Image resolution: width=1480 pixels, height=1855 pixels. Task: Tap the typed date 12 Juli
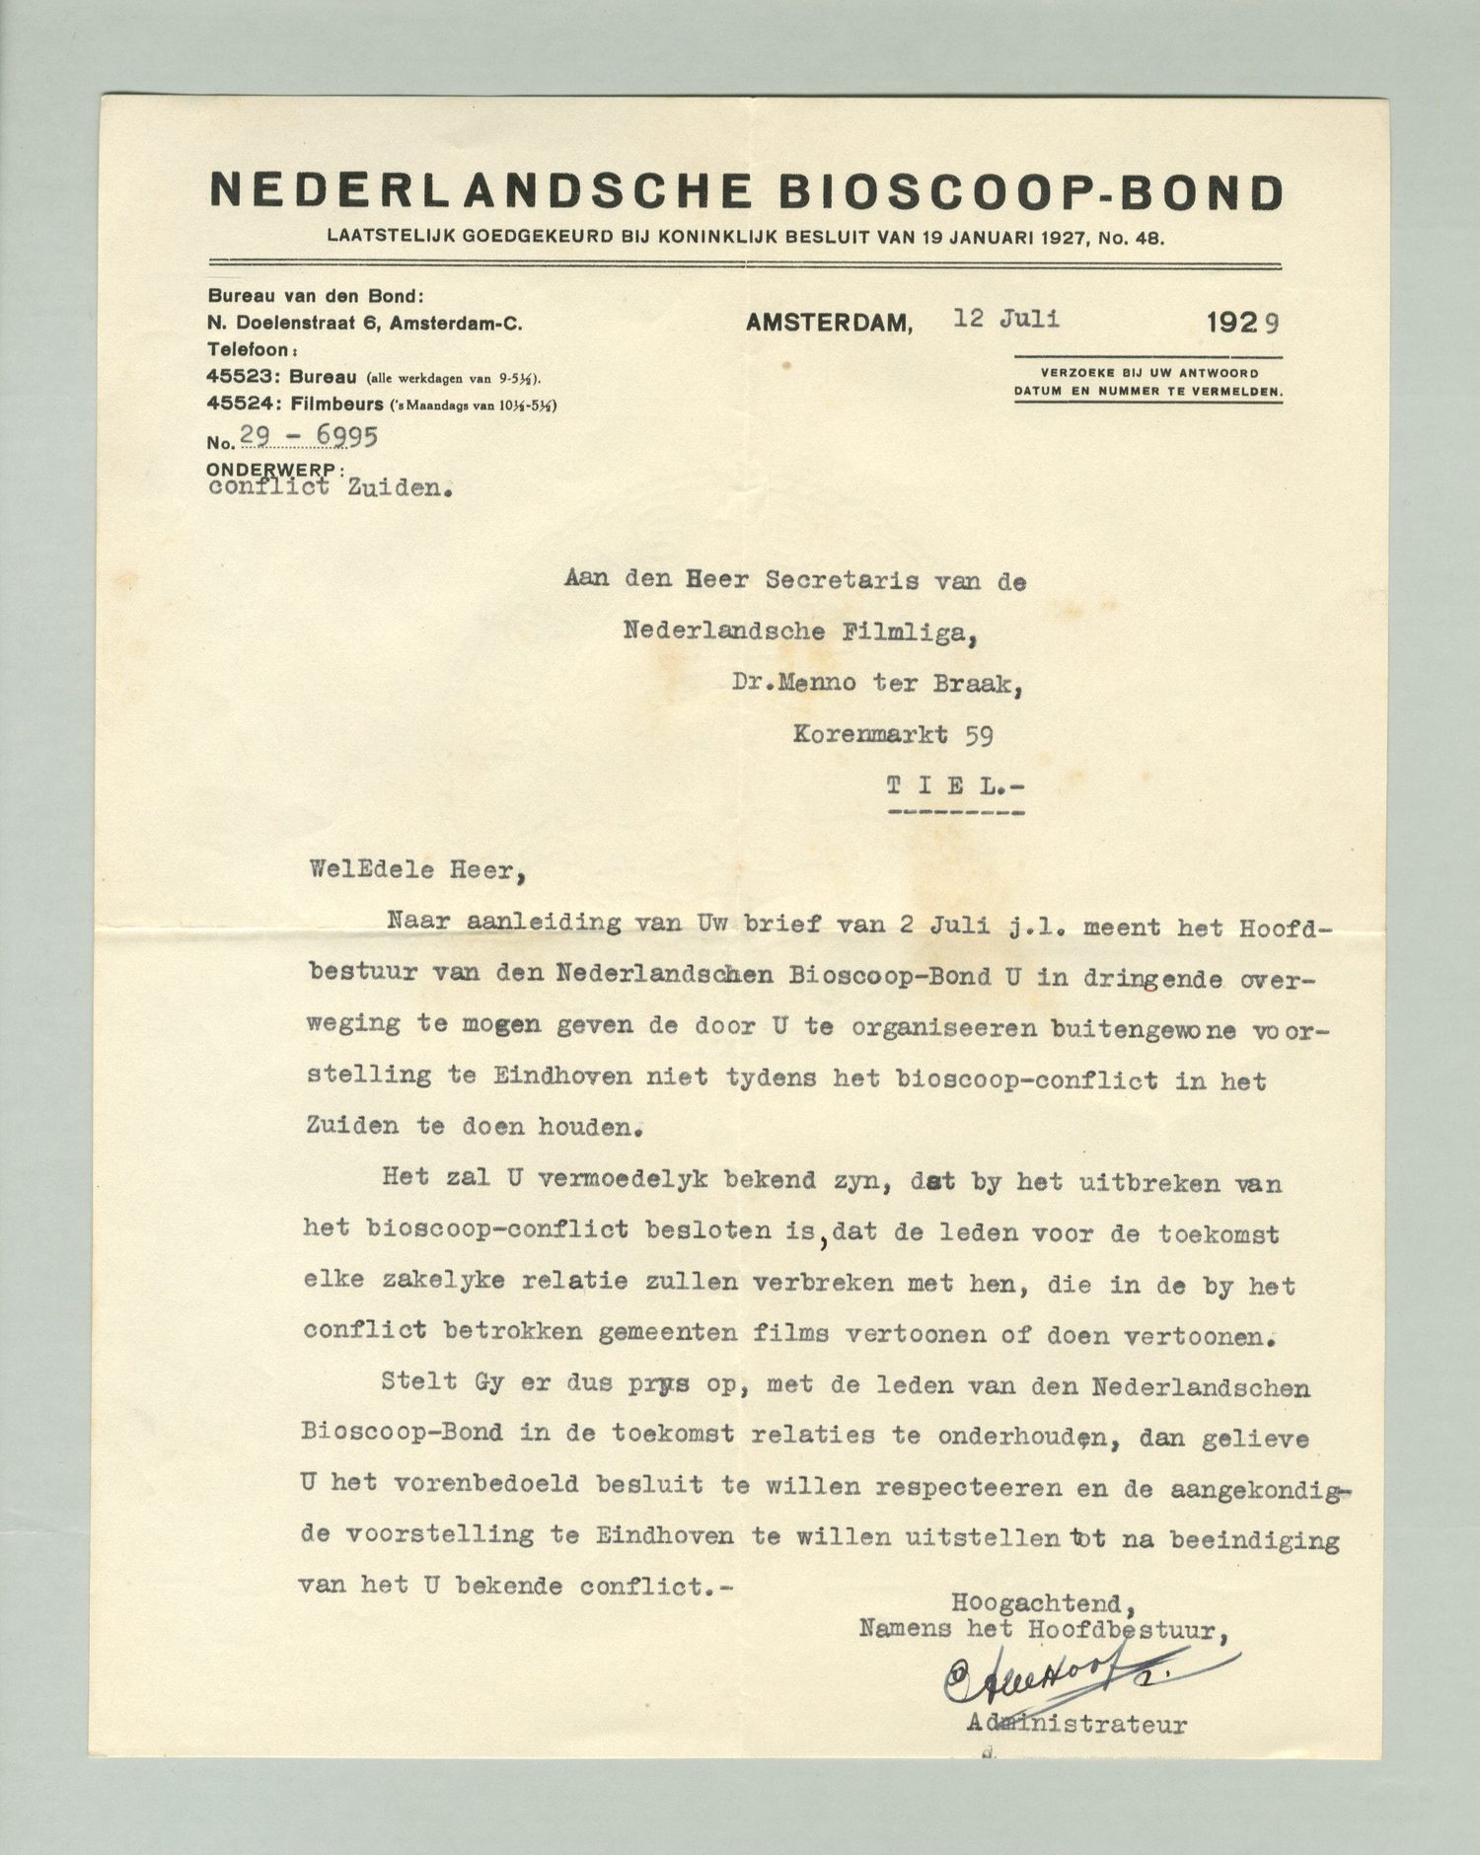(x=1006, y=318)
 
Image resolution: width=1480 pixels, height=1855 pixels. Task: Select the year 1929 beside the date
(x=1242, y=322)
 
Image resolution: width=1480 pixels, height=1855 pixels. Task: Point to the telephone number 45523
(x=234, y=377)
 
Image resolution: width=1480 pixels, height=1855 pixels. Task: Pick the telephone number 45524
(x=234, y=404)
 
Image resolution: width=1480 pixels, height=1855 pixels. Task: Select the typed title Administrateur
(x=1076, y=1726)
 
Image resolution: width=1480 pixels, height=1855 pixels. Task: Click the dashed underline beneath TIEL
(x=955, y=814)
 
